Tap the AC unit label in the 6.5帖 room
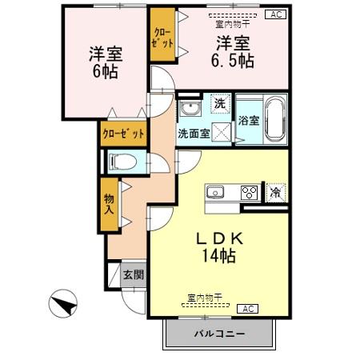(274, 14)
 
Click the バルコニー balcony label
(218, 333)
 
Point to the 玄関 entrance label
(134, 276)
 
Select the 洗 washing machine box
(219, 103)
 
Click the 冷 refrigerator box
(275, 192)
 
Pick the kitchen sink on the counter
(216, 192)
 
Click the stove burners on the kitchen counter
(250, 192)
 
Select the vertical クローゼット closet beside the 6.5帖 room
(162, 34)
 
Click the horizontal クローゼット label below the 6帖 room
(123, 134)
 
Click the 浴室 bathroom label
(248, 122)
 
